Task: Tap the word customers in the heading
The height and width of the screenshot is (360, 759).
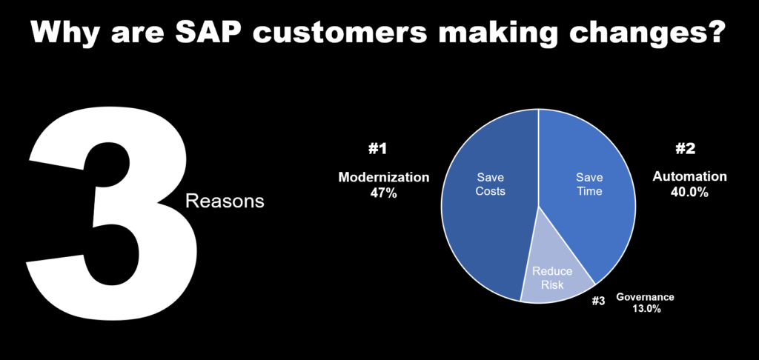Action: (x=336, y=33)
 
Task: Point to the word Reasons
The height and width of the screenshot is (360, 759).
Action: (x=225, y=201)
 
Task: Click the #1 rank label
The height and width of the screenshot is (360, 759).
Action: (x=377, y=149)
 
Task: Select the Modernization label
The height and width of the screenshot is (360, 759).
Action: (x=383, y=177)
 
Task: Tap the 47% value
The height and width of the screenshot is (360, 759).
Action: (x=384, y=193)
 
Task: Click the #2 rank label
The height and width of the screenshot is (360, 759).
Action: (x=685, y=149)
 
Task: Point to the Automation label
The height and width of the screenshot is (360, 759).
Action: (x=689, y=176)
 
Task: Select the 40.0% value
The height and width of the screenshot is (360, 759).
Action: (x=689, y=192)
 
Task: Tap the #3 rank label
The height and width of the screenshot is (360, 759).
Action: (x=598, y=301)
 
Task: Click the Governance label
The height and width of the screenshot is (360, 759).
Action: (x=645, y=296)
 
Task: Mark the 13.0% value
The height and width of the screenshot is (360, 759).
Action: (x=646, y=309)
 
